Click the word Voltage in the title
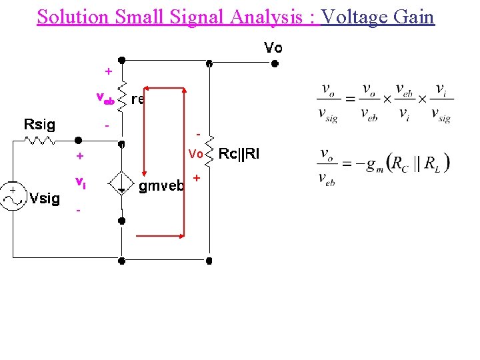[x=355, y=16]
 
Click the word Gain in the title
[x=414, y=16]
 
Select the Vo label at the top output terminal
[x=273, y=48]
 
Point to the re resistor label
[x=138, y=99]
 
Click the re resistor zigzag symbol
[x=122, y=98]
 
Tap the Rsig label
[x=40, y=124]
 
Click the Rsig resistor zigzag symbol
[x=41, y=141]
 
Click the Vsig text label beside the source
[x=45, y=198]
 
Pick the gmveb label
[x=161, y=187]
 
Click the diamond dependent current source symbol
[x=122, y=183]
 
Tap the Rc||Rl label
[x=240, y=154]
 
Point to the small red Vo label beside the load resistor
[x=195, y=154]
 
